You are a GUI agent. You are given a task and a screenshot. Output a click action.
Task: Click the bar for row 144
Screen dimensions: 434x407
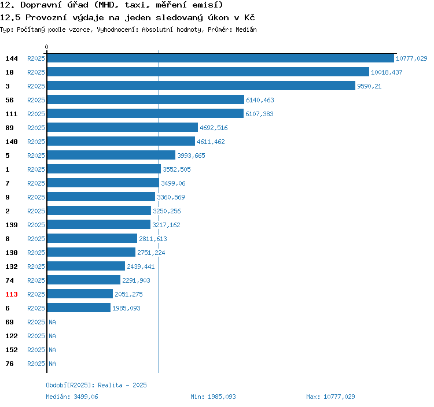click(220, 58)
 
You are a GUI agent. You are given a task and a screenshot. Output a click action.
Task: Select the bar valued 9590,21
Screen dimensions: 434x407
click(201, 86)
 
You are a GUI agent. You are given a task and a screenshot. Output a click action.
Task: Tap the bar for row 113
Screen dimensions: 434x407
click(80, 294)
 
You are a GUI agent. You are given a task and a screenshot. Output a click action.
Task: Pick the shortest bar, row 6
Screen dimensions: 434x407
click(79, 308)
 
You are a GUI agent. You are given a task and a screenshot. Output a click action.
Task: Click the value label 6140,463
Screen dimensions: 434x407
click(260, 100)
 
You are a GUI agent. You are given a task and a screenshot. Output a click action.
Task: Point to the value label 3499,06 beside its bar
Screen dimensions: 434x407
click(173, 183)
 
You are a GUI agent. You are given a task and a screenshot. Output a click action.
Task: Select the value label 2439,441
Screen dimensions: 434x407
click(141, 267)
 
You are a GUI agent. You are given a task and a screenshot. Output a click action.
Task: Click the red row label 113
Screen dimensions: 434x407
click(12, 294)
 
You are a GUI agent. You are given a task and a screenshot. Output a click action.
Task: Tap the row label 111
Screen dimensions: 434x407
click(12, 114)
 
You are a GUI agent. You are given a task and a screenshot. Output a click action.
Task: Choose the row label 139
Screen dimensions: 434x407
click(12, 225)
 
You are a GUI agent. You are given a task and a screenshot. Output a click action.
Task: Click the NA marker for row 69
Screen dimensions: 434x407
click(52, 322)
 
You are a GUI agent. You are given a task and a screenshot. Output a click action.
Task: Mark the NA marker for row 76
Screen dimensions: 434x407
click(52, 364)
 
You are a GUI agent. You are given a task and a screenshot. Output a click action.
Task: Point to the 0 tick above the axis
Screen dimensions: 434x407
click(46, 47)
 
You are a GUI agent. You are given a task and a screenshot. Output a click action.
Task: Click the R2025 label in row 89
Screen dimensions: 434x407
click(36, 128)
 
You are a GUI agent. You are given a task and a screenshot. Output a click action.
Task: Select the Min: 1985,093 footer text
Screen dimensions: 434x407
click(213, 397)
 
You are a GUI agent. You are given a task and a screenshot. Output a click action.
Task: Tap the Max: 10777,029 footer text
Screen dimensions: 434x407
click(330, 397)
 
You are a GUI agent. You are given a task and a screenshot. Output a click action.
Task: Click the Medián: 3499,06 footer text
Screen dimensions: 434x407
click(72, 397)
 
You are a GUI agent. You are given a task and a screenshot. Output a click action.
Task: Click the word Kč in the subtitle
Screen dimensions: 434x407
click(249, 18)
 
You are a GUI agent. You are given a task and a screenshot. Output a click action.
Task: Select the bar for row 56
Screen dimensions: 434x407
click(146, 99)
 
